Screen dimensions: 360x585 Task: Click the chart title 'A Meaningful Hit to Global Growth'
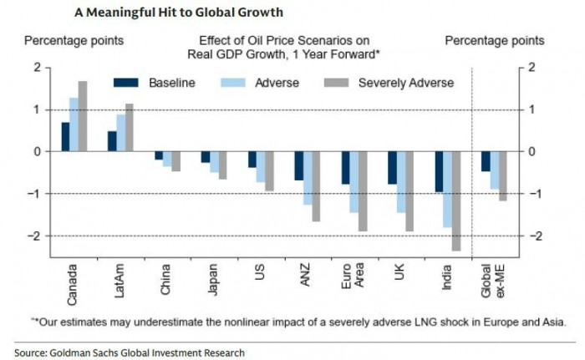[179, 13]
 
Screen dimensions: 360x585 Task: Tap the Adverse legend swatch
[232, 83]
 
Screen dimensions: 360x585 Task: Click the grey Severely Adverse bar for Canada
[83, 116]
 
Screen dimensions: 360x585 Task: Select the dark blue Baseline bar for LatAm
[112, 141]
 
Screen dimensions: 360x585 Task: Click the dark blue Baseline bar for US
[252, 160]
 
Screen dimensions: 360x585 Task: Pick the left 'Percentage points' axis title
[74, 40]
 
